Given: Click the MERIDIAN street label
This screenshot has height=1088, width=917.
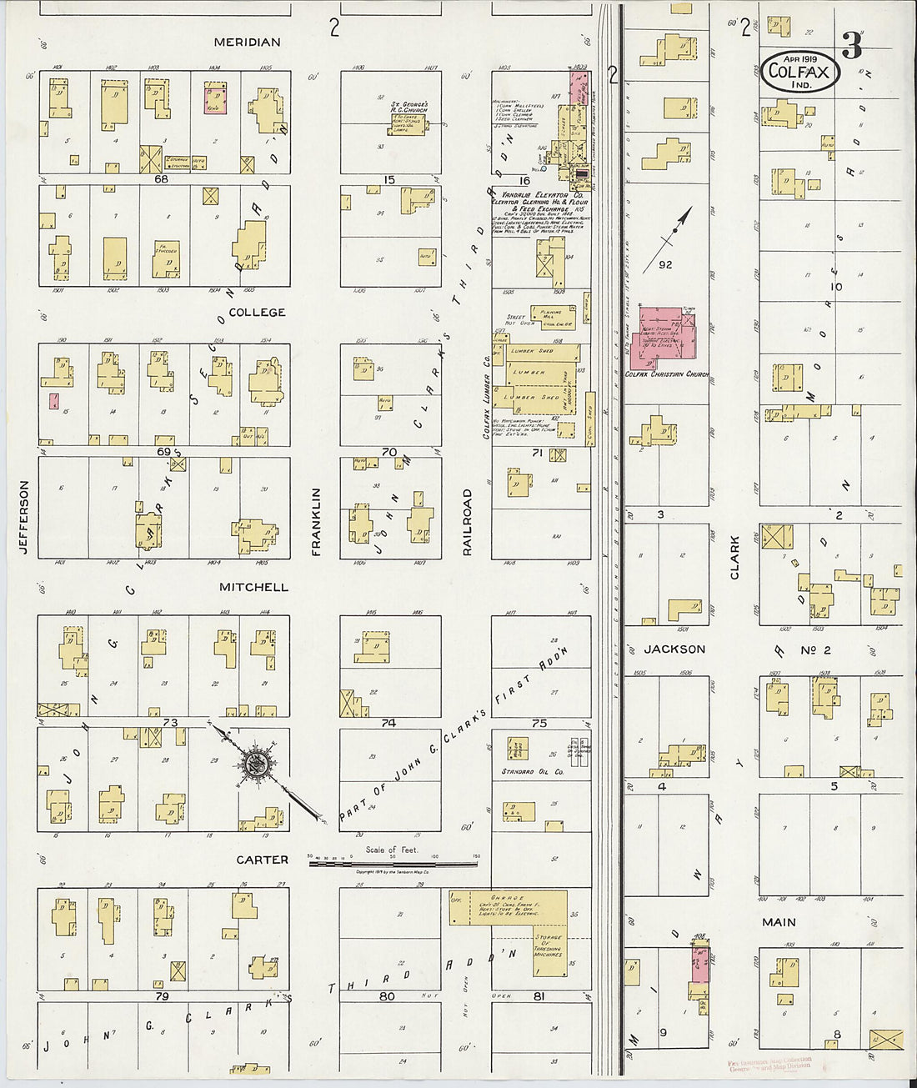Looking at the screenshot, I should (x=247, y=43).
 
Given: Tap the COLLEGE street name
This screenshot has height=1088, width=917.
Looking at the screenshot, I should (x=257, y=313).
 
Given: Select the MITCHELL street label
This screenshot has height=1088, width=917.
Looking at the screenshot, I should (x=253, y=588).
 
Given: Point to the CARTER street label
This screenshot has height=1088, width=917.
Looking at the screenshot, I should (x=262, y=860).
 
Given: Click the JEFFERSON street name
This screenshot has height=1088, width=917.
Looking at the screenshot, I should (x=23, y=516).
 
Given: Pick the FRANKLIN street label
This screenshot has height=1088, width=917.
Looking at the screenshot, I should (x=317, y=522).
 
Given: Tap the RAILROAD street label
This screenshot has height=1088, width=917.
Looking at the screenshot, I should (x=468, y=522).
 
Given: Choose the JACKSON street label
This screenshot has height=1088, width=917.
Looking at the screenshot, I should (x=674, y=649).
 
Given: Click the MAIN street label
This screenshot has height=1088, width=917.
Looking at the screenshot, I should (x=779, y=922).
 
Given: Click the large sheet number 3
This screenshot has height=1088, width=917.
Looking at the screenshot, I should (x=851, y=46).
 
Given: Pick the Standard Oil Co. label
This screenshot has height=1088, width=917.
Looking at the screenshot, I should (x=532, y=772).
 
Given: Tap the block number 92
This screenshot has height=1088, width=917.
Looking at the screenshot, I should (x=664, y=265).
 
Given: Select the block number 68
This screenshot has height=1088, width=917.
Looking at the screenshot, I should (x=161, y=178).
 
